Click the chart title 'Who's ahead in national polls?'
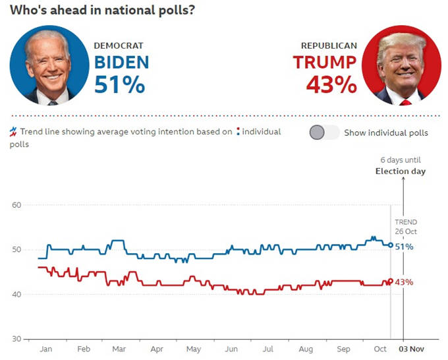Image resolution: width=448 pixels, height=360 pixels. (102, 11)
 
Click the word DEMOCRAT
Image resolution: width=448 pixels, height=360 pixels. (119, 46)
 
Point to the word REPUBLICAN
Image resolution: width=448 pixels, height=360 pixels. (329, 46)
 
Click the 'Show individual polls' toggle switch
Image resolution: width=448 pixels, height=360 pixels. (324, 133)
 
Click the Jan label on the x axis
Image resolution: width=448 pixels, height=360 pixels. (47, 349)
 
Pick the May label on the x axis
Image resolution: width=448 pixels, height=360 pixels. (194, 349)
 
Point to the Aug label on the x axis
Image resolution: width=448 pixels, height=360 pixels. (306, 349)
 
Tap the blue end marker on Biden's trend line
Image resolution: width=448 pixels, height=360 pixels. (390, 245)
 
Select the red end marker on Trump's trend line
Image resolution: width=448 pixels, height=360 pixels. (390, 282)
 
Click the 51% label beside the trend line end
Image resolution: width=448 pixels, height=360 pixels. (405, 247)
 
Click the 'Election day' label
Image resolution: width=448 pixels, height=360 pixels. (401, 171)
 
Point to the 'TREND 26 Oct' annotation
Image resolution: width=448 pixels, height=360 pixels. (406, 227)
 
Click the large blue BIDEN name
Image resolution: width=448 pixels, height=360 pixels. (122, 63)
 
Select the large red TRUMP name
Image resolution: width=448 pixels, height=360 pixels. (325, 63)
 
